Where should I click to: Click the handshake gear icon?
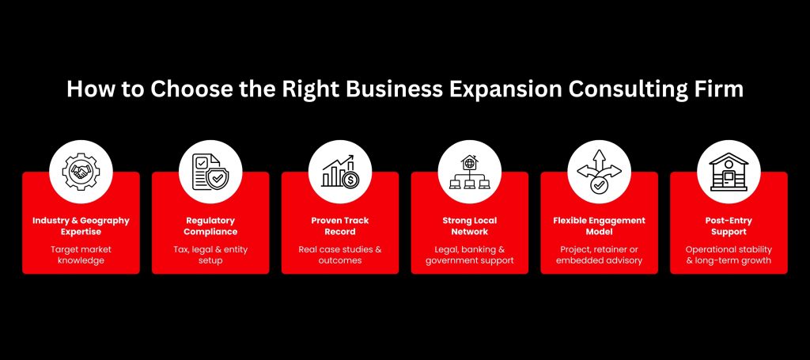tap(81, 172)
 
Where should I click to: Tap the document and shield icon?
tap(210, 172)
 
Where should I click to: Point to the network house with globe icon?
tap(470, 172)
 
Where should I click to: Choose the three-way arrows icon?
tap(600, 172)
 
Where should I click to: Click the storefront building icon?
tap(729, 172)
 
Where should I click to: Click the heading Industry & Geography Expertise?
tap(81, 226)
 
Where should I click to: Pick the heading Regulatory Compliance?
tap(210, 226)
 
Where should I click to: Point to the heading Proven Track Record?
tap(340, 226)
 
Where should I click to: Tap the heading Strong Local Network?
tap(470, 226)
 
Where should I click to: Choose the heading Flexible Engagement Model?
tap(600, 226)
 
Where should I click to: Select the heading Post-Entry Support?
tap(729, 226)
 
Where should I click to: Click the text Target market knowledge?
tap(81, 255)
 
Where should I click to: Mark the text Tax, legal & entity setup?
tap(210, 255)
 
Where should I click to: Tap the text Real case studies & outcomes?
tap(340, 255)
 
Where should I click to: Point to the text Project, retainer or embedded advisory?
tap(600, 255)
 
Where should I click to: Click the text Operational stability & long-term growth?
tap(729, 255)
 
